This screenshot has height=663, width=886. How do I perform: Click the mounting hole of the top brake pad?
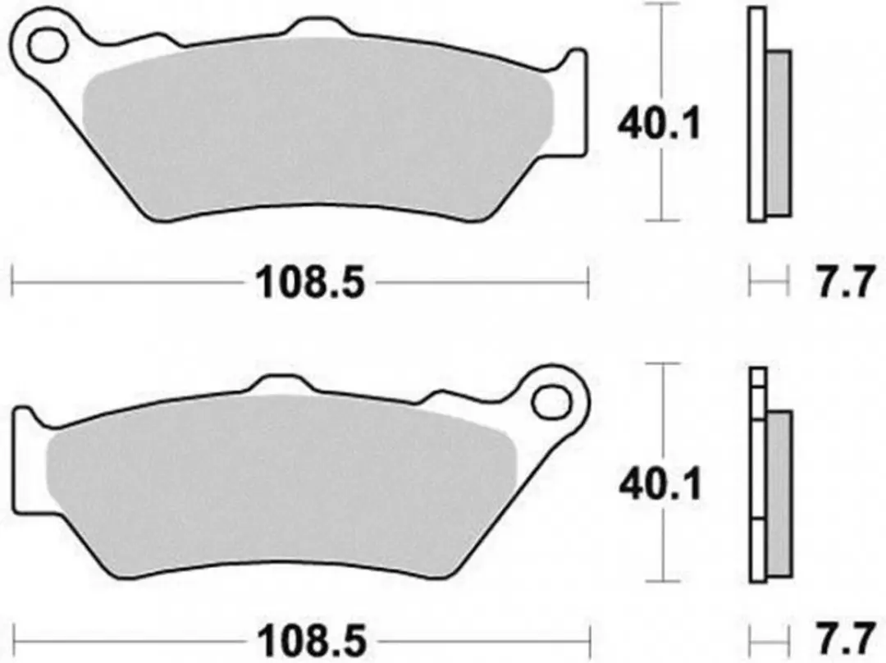47,45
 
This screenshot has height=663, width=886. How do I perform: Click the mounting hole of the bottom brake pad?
552,401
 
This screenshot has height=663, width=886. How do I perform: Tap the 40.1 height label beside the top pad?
659,125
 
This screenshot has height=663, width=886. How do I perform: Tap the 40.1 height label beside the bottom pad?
660,484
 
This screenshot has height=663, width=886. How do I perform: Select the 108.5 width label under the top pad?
310,282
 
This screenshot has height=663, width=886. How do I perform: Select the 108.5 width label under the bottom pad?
312,641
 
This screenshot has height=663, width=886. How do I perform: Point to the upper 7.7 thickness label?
843,282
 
